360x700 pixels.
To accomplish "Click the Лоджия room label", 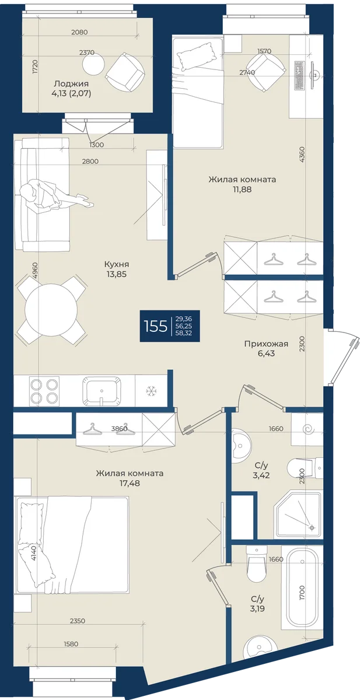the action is (x=71, y=84).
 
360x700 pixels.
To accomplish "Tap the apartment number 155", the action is (x=156, y=326).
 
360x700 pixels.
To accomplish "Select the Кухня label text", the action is (x=117, y=264).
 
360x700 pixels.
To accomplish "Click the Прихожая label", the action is (x=266, y=344).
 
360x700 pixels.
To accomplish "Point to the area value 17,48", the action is (x=129, y=483).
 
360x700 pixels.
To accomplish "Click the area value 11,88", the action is (x=242, y=189).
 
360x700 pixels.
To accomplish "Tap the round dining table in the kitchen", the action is (x=51, y=310).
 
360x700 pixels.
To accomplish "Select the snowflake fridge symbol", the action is (x=152, y=391).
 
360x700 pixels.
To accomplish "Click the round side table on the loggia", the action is (x=93, y=64).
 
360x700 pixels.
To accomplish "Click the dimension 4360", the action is (x=301, y=155).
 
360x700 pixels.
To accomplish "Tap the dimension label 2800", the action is (x=90, y=161).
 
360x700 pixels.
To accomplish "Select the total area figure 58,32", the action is (x=184, y=333).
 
